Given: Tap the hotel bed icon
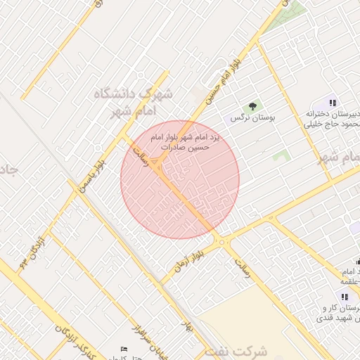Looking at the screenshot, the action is tap(124, 349).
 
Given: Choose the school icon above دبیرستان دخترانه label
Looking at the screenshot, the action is tap(333, 103).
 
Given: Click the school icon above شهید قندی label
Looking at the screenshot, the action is tap(345, 297).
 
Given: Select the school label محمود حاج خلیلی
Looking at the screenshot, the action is tap(333, 124).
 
